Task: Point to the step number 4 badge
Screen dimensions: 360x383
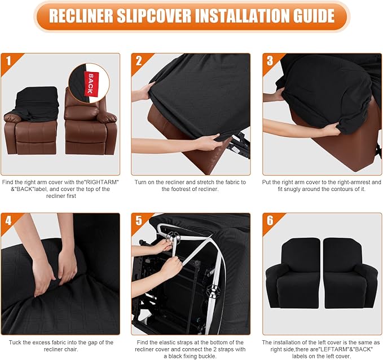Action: point(8,220)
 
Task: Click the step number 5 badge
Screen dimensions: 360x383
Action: point(139,220)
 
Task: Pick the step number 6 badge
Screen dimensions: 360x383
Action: point(270,220)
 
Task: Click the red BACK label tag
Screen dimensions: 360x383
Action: point(89,82)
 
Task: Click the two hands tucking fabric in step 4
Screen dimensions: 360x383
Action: point(54,265)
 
